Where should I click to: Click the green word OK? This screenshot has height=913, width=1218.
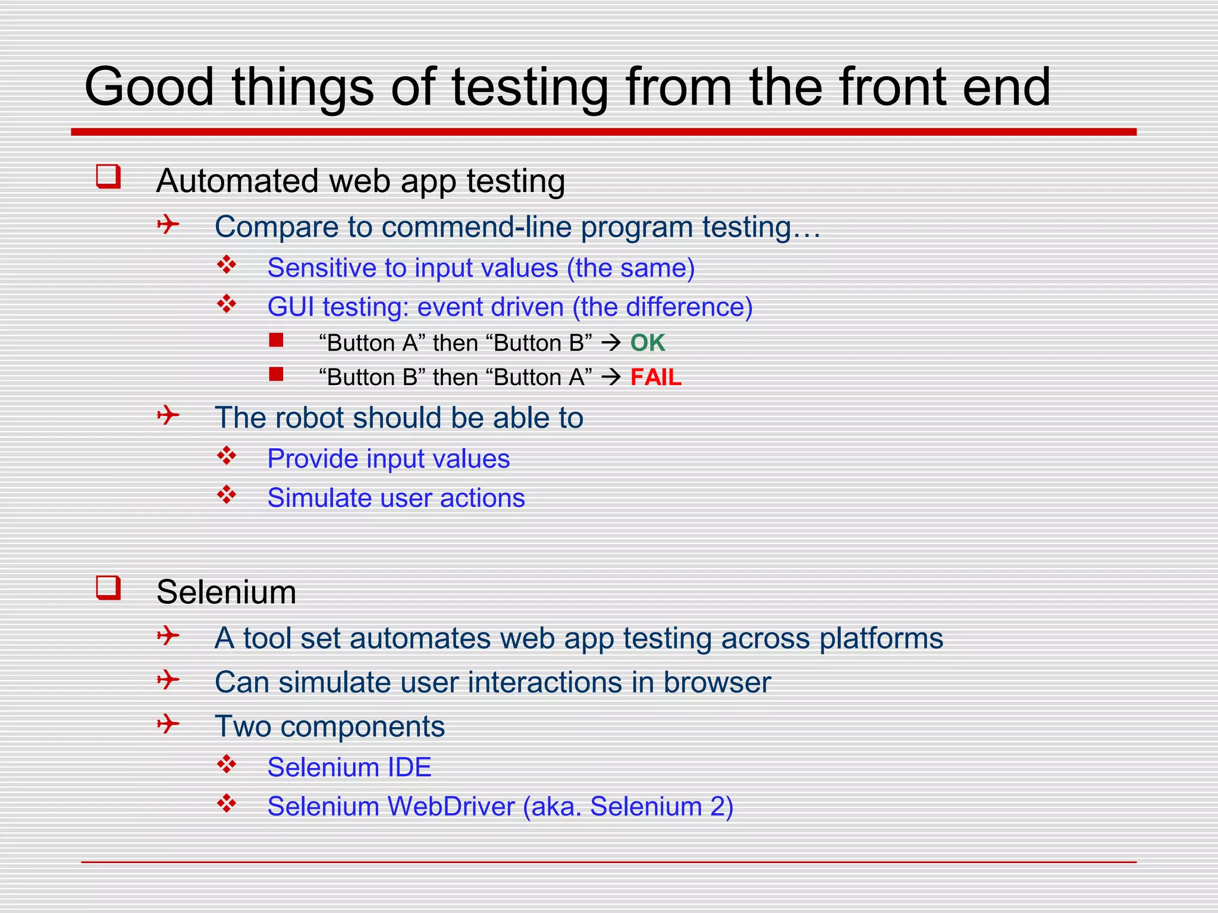click(x=647, y=343)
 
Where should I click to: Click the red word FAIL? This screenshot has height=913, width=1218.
click(x=655, y=377)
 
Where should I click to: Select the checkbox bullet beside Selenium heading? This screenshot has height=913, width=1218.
click(x=108, y=588)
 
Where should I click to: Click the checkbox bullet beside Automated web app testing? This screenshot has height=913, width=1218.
click(x=108, y=177)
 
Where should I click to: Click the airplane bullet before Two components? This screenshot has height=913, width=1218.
click(x=168, y=724)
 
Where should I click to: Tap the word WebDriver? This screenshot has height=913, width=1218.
click(x=451, y=807)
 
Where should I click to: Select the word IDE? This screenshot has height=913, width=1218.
click(x=409, y=767)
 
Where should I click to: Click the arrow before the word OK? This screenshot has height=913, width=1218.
click(x=611, y=343)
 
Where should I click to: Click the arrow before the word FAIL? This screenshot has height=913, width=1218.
click(x=611, y=377)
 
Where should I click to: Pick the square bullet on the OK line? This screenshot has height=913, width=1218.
click(x=276, y=340)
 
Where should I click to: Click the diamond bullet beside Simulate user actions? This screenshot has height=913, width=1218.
click(x=227, y=495)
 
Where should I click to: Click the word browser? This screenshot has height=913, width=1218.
click(x=717, y=682)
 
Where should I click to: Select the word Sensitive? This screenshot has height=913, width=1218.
click(x=322, y=268)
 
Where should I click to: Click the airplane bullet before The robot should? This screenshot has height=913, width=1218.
click(x=168, y=415)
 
